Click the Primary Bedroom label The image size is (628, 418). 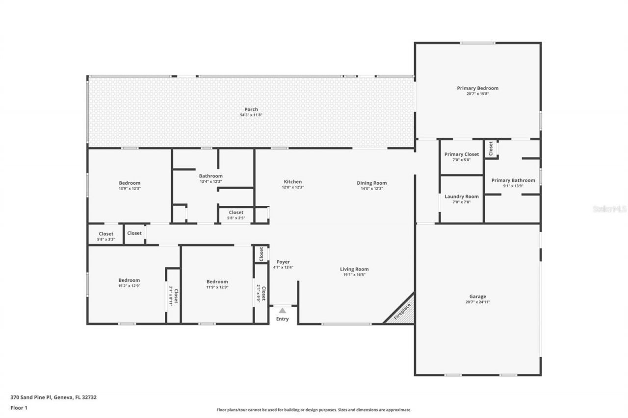pyautogui.click(x=477, y=88)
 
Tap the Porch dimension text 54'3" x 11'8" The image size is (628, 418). pyautogui.click(x=251, y=115)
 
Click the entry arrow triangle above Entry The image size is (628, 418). pyautogui.click(x=282, y=310)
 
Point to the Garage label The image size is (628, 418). pyautogui.click(x=477, y=296)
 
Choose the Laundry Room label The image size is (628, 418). pyautogui.click(x=462, y=197)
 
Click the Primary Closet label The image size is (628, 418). pyautogui.click(x=462, y=154)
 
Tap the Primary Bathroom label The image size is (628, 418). pyautogui.click(x=513, y=180)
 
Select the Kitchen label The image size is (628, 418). pyautogui.click(x=293, y=182)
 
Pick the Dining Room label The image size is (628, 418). pyautogui.click(x=371, y=183)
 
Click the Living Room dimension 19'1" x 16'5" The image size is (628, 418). pyautogui.click(x=354, y=275)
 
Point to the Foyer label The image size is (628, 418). pyautogui.click(x=283, y=262)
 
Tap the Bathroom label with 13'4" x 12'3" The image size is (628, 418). pyautogui.click(x=210, y=176)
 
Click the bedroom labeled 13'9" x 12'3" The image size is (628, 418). pyautogui.click(x=130, y=183)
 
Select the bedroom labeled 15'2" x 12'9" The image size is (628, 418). pyautogui.click(x=129, y=280)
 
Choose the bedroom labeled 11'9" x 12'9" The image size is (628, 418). pyautogui.click(x=217, y=282)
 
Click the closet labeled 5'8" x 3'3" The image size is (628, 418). pyautogui.click(x=106, y=234)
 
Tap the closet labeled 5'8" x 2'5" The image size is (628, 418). pyautogui.click(x=236, y=213)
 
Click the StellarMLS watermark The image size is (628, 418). pyautogui.click(x=609, y=209)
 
